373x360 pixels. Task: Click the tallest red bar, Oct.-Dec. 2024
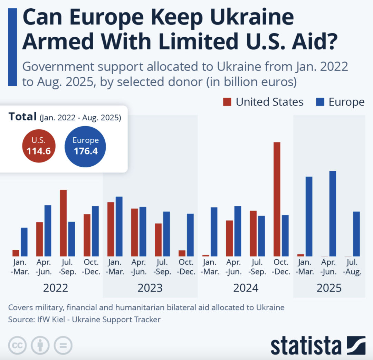click(277, 199)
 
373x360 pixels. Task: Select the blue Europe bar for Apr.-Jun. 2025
click(333, 214)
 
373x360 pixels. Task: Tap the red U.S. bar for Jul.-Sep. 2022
click(63, 223)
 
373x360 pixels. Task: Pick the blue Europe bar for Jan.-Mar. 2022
click(24, 242)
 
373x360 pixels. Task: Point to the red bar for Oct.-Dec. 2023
click(182, 253)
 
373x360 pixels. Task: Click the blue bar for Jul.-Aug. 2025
click(356, 234)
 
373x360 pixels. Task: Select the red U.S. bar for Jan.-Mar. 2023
click(111, 229)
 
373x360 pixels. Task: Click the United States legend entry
click(263, 102)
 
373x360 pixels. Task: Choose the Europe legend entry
click(340, 102)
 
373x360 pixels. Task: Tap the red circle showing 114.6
click(39, 146)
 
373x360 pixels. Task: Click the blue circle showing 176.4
click(85, 146)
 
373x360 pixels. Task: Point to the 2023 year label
click(150, 288)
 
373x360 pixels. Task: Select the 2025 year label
click(329, 288)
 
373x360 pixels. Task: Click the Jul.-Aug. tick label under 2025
click(352, 267)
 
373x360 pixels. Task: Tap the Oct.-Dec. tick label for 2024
click(281, 267)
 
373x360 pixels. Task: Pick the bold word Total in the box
click(22, 117)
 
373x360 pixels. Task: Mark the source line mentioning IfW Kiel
click(84, 320)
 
